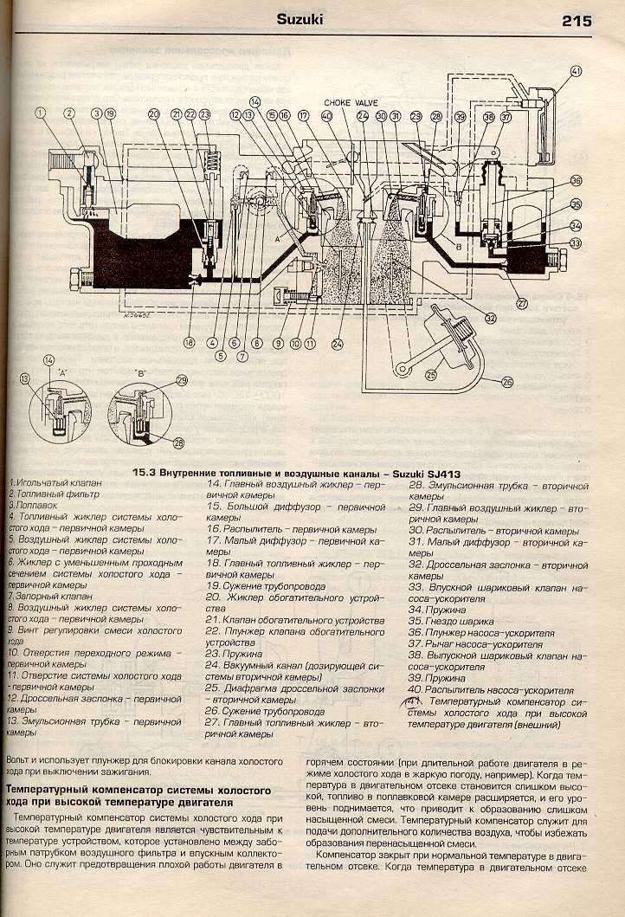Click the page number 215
577,20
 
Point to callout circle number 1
39,113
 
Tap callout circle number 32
490,318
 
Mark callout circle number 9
279,343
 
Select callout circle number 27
522,303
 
